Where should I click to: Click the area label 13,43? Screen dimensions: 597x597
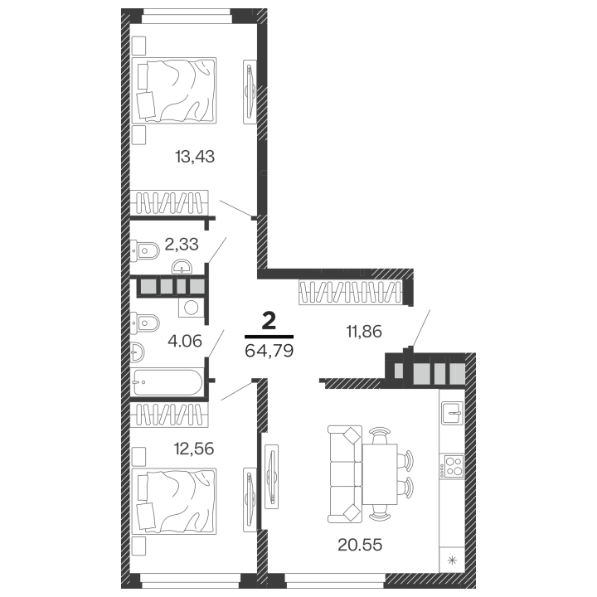click(x=195, y=157)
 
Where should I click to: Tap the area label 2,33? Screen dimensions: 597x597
click(x=182, y=244)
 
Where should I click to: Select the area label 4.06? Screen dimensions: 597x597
click(x=185, y=341)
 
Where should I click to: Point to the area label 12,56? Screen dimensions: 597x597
click(x=194, y=449)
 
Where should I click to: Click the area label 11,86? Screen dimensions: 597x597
click(x=364, y=332)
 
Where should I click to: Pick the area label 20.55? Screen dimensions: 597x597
click(x=360, y=545)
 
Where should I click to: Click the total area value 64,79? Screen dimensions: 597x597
click(x=269, y=351)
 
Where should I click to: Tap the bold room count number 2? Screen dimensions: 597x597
click(x=269, y=322)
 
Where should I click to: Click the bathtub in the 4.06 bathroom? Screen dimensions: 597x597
click(x=168, y=382)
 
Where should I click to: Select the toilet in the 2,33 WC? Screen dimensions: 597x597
click(x=144, y=250)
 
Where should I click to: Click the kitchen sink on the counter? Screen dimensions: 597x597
click(x=453, y=413)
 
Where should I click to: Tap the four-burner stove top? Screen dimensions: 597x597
click(x=452, y=466)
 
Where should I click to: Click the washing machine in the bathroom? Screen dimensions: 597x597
click(x=192, y=308)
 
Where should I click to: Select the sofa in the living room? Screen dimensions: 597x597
click(x=345, y=474)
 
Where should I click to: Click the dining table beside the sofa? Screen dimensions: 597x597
click(x=380, y=474)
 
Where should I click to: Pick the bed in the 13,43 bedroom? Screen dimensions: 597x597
click(x=174, y=90)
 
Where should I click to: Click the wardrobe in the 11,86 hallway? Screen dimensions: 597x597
click(x=350, y=292)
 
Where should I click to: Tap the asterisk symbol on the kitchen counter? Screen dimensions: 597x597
click(x=453, y=560)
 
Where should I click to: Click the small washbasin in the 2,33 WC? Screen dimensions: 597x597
click(x=182, y=267)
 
